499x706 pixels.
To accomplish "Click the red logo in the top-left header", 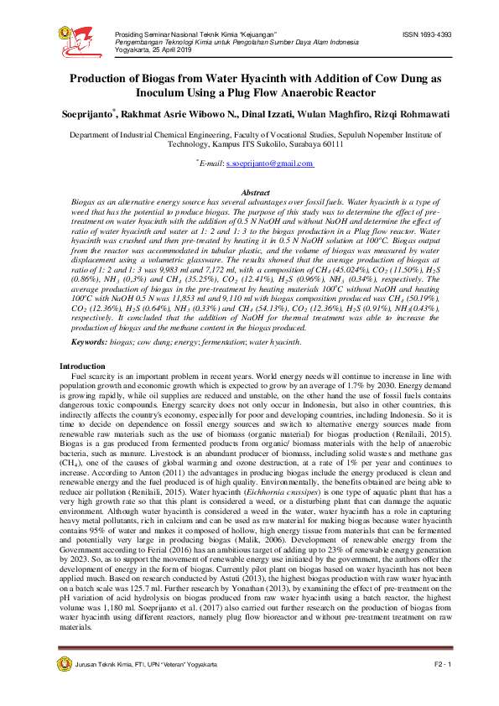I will point(81,38).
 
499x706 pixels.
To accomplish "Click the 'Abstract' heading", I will point(249,193).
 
